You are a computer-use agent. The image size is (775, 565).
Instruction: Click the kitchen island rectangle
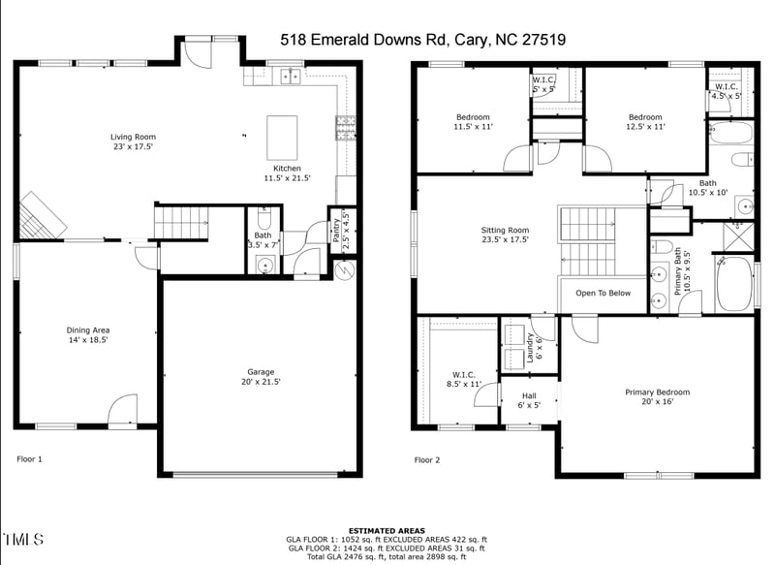tap(282, 138)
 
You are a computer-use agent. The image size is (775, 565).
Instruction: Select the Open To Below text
tap(603, 293)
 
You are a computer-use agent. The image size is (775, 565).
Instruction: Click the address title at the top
tap(422, 40)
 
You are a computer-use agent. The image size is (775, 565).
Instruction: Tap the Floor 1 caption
tap(30, 458)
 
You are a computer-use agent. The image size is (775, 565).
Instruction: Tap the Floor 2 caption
tap(427, 460)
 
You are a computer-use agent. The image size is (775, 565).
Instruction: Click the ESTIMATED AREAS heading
tap(386, 531)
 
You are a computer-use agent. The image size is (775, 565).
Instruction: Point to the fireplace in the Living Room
tap(39, 214)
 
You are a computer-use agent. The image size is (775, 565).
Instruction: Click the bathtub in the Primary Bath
tap(733, 284)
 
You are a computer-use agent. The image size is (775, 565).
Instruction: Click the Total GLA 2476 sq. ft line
tap(386, 556)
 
